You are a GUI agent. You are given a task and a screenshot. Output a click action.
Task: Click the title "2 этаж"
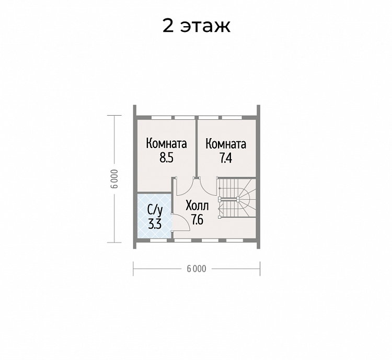click(196, 26)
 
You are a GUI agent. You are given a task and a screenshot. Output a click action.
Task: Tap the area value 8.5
click(167, 158)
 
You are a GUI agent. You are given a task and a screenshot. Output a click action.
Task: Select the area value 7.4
click(226, 158)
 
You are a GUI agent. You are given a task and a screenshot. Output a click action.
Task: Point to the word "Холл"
click(197, 206)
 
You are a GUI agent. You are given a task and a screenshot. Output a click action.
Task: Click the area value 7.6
click(197, 220)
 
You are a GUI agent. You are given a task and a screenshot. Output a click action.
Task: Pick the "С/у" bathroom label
click(155, 210)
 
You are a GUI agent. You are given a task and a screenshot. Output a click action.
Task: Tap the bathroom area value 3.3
click(155, 224)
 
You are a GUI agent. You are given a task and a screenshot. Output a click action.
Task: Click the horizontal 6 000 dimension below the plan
click(197, 269)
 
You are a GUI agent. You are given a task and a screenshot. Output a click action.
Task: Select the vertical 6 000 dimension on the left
click(114, 179)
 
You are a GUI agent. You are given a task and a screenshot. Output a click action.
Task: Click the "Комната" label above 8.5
click(167, 144)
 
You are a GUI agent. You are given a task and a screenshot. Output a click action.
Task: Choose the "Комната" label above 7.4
click(226, 144)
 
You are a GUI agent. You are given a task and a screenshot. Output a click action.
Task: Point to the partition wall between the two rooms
click(197, 147)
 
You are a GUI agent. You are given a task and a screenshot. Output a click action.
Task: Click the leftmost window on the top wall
click(162, 117)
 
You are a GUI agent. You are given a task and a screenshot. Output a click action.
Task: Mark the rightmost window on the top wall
click(232, 117)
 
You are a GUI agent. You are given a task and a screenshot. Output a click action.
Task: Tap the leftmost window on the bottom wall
click(158, 240)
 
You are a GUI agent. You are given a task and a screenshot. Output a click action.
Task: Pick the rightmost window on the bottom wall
click(235, 240)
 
